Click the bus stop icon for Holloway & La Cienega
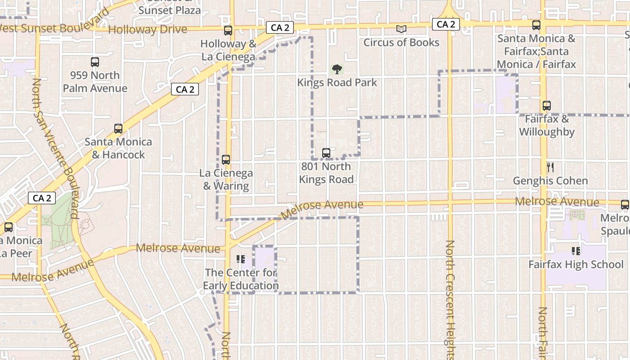pos(228,31)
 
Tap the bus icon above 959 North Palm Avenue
pos(95,62)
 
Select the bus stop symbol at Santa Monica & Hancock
pos(118,129)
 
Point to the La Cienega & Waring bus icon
pos(226,160)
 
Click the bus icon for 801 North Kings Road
pos(326,153)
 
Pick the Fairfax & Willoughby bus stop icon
pos(547,106)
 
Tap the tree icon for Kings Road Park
pos(337,69)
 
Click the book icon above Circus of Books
pos(401,29)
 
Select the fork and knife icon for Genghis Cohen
pos(550,167)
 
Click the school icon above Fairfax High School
pos(576,251)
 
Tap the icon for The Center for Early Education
pos(241,259)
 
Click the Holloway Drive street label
pos(148,30)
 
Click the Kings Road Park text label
pos(337,83)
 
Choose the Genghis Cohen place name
pos(550,181)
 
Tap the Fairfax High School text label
pos(576,265)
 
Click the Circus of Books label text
pos(401,43)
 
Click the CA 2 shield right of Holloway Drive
pos(280,28)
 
